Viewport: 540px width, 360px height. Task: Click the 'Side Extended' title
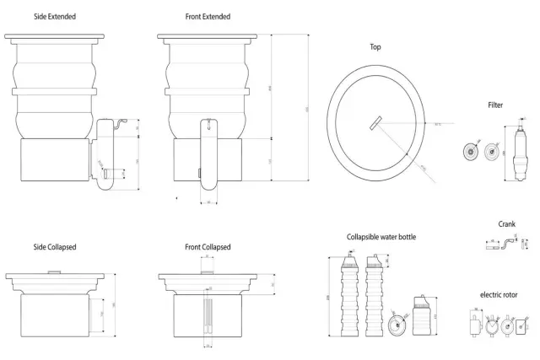point(51,16)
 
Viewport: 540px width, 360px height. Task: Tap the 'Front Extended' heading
point(208,16)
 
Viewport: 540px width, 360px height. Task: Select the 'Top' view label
point(375,47)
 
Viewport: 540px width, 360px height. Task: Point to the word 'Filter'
point(495,105)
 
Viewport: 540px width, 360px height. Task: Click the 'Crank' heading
point(507,224)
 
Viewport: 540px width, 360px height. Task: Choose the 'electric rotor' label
point(499,294)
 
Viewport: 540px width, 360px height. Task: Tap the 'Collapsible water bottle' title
point(381,237)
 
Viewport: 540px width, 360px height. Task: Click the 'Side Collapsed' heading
point(51,247)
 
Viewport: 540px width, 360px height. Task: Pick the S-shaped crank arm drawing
point(507,247)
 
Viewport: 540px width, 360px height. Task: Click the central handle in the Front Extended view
point(208,152)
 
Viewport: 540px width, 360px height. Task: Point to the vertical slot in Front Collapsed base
point(208,315)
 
